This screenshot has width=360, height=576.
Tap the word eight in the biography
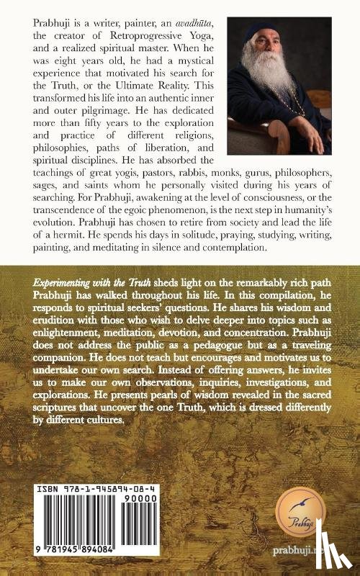point(60,63)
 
